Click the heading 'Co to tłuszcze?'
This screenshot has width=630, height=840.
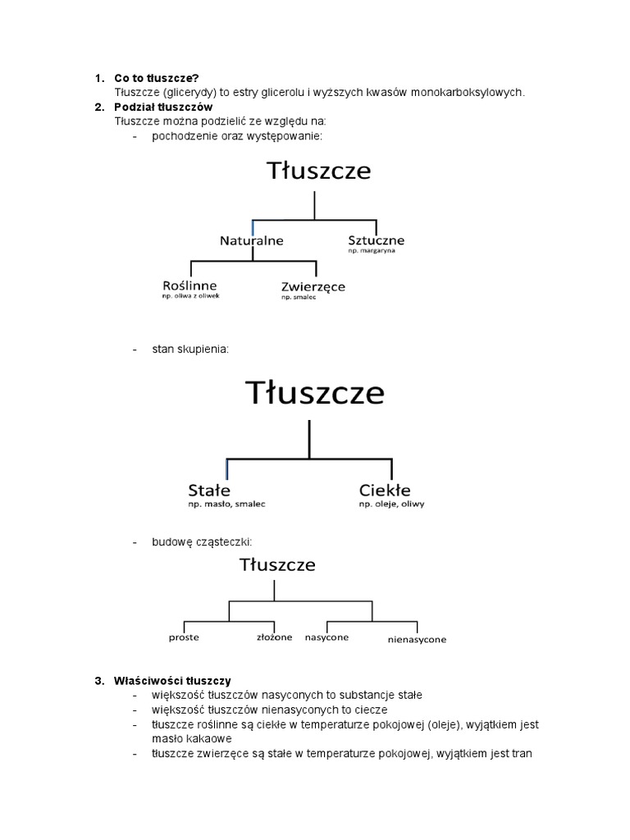click(157, 79)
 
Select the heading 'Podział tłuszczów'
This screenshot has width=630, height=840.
click(163, 107)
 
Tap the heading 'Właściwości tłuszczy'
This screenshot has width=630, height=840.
click(172, 681)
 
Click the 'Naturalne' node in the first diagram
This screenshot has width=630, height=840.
click(251, 241)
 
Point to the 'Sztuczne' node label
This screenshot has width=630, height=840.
click(376, 240)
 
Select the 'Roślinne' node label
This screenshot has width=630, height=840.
click(189, 285)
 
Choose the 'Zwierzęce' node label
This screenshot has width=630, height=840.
click(313, 286)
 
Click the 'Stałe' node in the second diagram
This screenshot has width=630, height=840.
click(209, 490)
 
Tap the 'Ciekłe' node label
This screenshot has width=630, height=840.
click(385, 490)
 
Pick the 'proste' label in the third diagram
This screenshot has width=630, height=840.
click(184, 637)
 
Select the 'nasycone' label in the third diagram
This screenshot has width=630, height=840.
click(326, 637)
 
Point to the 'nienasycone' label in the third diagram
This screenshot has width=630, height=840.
click(417, 639)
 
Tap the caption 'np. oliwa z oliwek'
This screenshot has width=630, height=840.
click(190, 296)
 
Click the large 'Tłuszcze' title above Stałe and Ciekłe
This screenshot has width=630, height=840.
click(315, 394)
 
